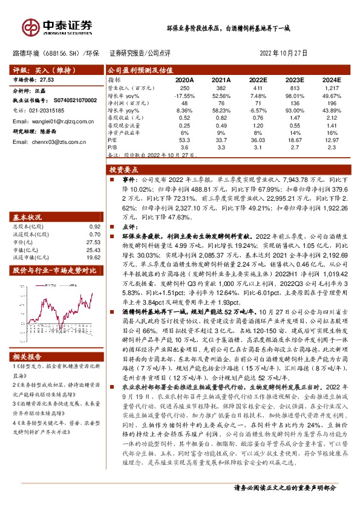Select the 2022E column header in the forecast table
(258, 79)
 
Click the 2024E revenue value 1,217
(332, 88)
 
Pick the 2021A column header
(221, 79)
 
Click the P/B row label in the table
(113, 146)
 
